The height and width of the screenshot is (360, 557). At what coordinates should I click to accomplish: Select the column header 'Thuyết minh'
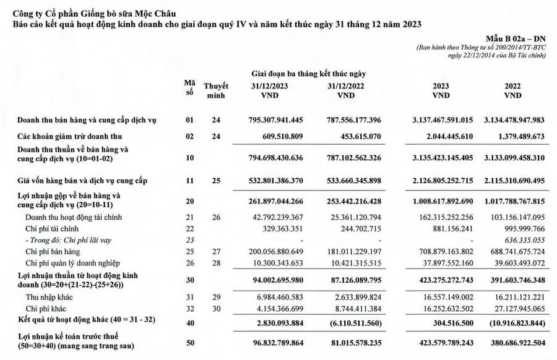(216, 91)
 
